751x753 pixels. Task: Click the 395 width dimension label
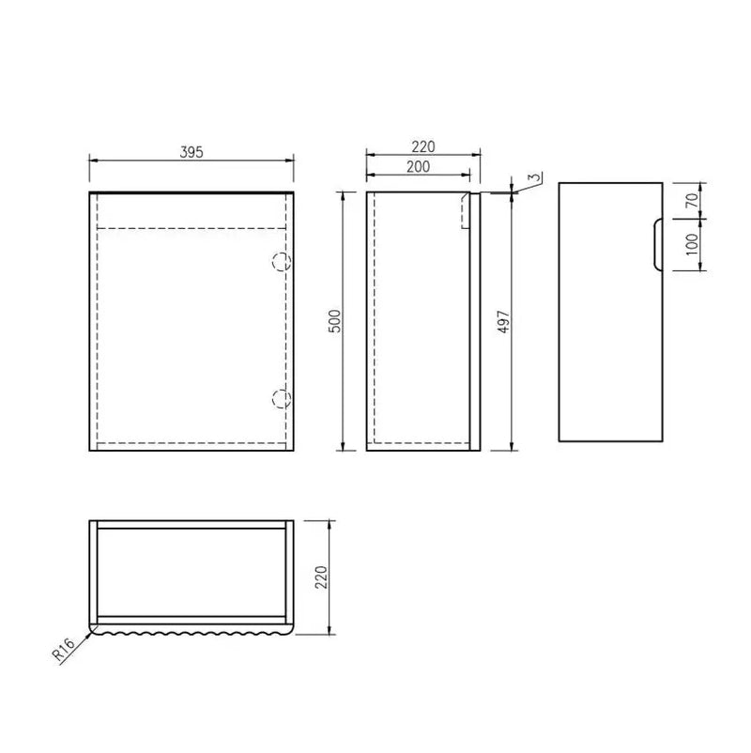coord(191,150)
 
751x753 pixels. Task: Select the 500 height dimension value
coord(334,320)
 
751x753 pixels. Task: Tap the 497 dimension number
coord(503,322)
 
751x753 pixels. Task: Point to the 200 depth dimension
coord(418,166)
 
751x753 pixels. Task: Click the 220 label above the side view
coord(423,146)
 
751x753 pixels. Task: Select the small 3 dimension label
coord(532,177)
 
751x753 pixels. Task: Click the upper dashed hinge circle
coord(280,262)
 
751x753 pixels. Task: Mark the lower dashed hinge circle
coord(280,398)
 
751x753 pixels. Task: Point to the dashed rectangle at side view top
coord(465,211)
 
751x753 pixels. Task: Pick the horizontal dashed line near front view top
coord(191,227)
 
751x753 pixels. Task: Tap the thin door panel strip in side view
coord(475,320)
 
